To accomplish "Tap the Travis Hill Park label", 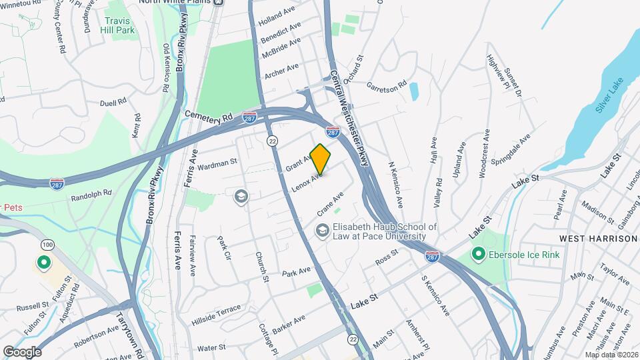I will pos(117,25).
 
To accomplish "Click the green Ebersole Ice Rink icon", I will pos(477,254).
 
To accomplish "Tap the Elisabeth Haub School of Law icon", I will pos(322,231).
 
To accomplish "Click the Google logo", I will pos(22,351).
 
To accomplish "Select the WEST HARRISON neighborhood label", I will pos(598,239).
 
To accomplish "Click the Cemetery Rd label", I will pos(209,116).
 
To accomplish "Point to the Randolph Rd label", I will pos(91,195).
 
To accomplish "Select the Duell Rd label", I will pos(113,103).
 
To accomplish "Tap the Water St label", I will pos(212,347).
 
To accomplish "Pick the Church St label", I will pos(261,266).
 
